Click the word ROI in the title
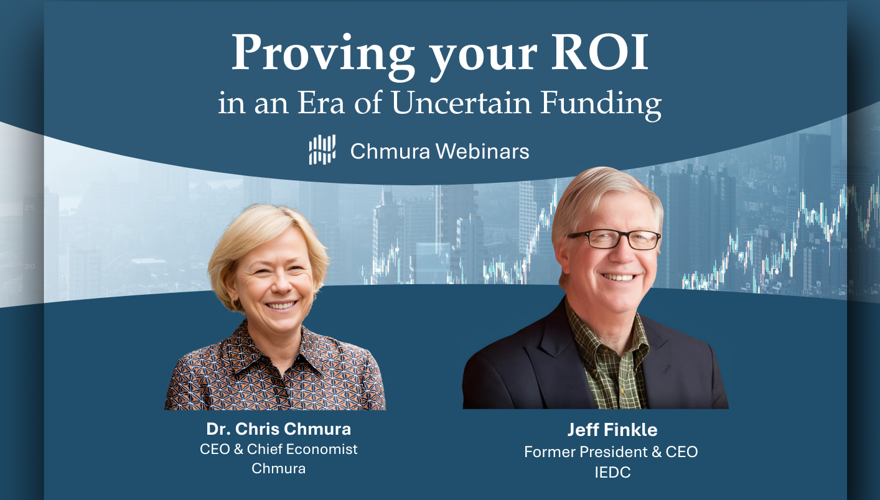click(x=599, y=52)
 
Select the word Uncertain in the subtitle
click(x=461, y=103)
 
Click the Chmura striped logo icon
click(x=322, y=149)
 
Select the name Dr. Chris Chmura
click(x=279, y=429)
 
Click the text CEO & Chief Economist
click(x=279, y=450)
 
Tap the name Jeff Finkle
click(x=612, y=430)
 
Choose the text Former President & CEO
click(x=611, y=451)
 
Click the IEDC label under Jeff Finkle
click(x=612, y=472)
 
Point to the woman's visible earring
click(x=235, y=303)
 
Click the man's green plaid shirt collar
click(x=607, y=333)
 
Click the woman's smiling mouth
click(x=281, y=305)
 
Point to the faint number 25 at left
click(x=29, y=207)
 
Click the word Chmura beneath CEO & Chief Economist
click(x=279, y=469)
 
